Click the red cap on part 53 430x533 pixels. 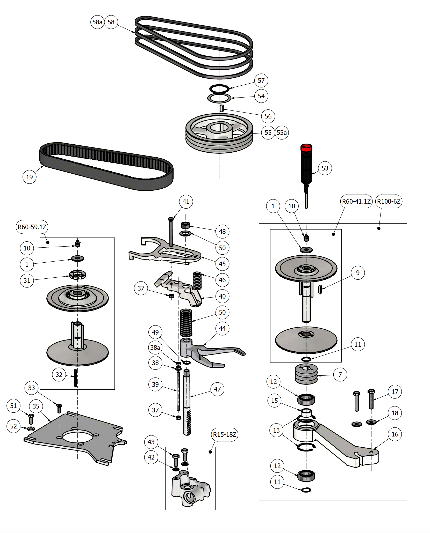point(306,148)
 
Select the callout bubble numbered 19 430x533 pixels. point(30,177)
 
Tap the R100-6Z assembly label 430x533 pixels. point(389,201)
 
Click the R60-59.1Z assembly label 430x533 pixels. point(32,227)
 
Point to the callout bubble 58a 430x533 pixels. point(97,22)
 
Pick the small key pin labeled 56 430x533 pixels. point(221,108)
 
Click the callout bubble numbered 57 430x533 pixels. point(261,80)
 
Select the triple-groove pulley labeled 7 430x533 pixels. point(306,374)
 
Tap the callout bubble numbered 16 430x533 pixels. point(395,434)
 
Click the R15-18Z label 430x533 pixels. point(225,434)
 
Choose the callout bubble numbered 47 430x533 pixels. point(217,389)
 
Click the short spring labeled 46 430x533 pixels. point(197,280)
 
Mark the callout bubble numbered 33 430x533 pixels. point(31,388)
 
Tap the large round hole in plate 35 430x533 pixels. point(77,437)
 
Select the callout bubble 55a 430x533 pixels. point(282,132)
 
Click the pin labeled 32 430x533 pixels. point(75,378)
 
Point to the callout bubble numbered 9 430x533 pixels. point(358,273)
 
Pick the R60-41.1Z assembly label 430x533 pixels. point(356,201)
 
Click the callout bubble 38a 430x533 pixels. point(155,347)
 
